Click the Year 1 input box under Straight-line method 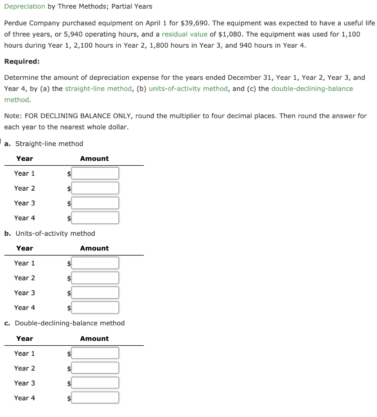pyautogui.click(x=95, y=173)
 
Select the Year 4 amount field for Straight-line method pyautogui.click(x=95, y=218)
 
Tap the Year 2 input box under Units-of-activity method pyautogui.click(x=95, y=278)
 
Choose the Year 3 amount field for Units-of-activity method pyautogui.click(x=95, y=293)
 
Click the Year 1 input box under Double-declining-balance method pyautogui.click(x=95, y=353)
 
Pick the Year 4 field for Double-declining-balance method pyautogui.click(x=95, y=398)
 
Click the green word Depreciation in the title pyautogui.click(x=24, y=7)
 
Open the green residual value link pyautogui.click(x=184, y=34)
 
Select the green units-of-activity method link pyautogui.click(x=188, y=88)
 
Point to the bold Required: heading pyautogui.click(x=22, y=61)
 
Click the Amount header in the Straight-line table pyautogui.click(x=94, y=159)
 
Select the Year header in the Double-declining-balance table pyautogui.click(x=24, y=339)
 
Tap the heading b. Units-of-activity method pyautogui.click(x=49, y=234)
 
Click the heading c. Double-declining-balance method pyautogui.click(x=64, y=323)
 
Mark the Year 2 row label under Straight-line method pyautogui.click(x=24, y=188)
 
